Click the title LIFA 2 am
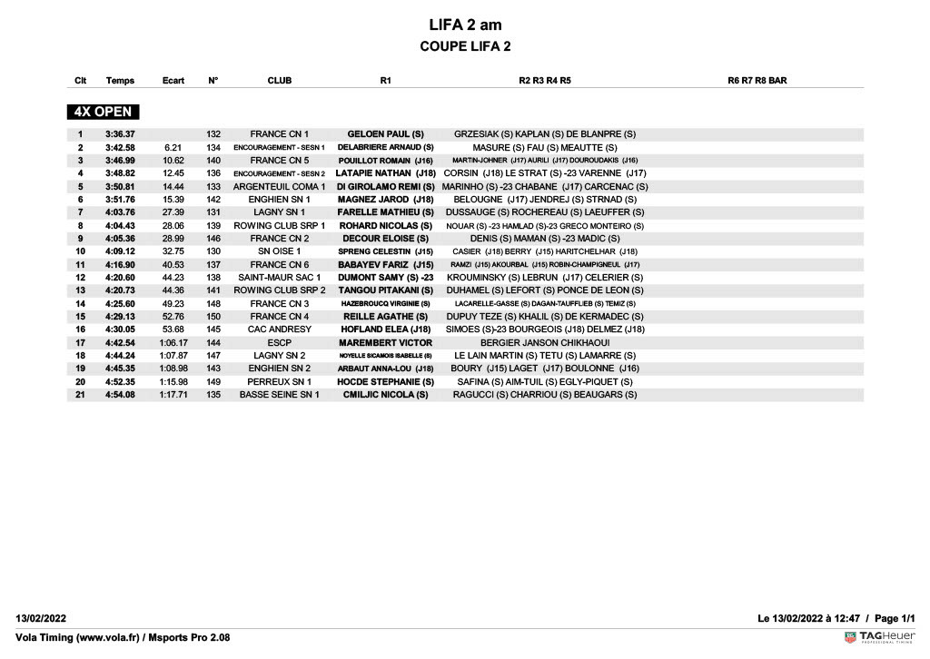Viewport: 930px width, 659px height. pos(465,25)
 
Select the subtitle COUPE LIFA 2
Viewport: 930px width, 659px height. pos(465,46)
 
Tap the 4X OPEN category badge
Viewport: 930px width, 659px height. pos(103,112)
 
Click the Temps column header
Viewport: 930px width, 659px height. pos(120,81)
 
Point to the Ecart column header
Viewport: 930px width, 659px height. pos(173,81)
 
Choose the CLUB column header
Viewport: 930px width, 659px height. pos(280,81)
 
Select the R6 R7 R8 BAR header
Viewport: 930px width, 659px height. pos(757,81)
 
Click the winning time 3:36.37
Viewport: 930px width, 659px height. pos(120,134)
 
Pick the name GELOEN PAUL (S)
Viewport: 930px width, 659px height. pos(386,134)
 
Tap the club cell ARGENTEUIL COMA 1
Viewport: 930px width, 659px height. pos(280,186)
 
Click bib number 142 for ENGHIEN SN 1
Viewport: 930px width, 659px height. pos(213,200)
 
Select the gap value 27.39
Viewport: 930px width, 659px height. pos(173,212)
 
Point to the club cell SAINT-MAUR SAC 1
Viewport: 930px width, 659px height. pos(280,278)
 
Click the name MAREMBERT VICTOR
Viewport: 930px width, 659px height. pos(386,343)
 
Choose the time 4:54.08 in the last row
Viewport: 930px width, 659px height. pos(120,395)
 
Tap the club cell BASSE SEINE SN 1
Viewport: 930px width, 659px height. pos(280,395)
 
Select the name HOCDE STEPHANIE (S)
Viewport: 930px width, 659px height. pos(386,382)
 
